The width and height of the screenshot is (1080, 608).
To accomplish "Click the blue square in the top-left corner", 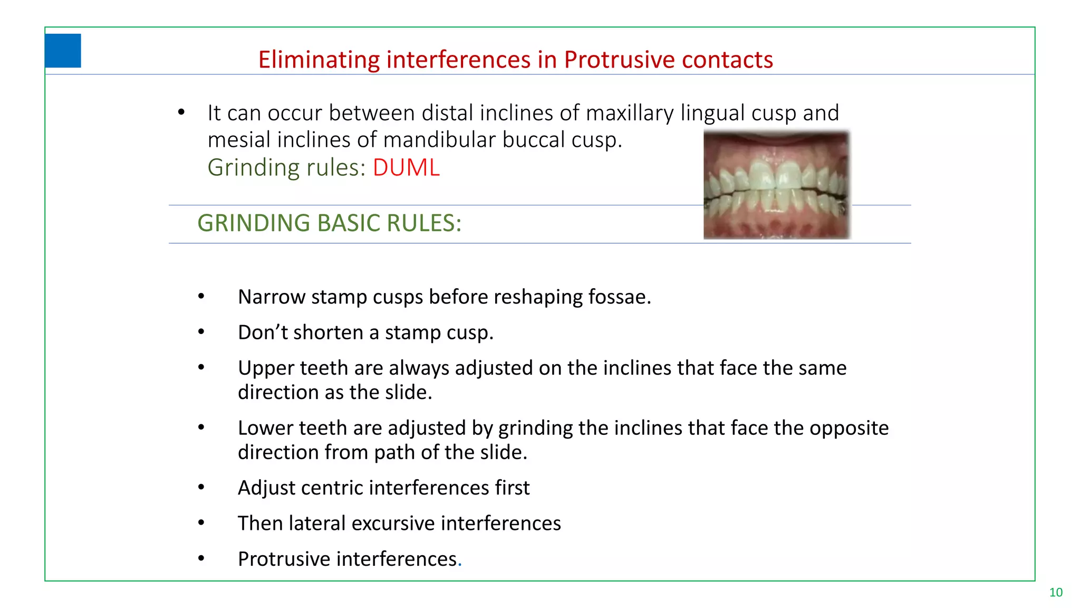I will click(x=63, y=51).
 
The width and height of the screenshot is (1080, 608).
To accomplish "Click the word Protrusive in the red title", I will click(x=612, y=60).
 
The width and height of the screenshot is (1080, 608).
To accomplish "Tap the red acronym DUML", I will click(x=406, y=168).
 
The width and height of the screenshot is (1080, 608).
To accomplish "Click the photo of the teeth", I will click(x=777, y=185).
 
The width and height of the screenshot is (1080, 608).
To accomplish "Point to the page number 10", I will click(x=1056, y=593).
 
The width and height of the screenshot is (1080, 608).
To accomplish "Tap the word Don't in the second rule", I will click(x=263, y=332).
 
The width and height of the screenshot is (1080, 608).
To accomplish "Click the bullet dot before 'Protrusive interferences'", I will click(x=201, y=558).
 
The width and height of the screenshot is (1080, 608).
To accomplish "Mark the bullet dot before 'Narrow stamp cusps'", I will click(x=201, y=297).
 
